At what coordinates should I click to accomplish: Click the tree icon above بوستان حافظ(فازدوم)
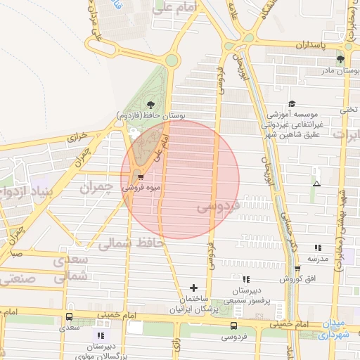[150, 104]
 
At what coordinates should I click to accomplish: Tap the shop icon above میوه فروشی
[141, 176]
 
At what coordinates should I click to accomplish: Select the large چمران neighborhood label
[96, 188]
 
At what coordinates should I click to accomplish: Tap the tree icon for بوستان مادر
[340, 59]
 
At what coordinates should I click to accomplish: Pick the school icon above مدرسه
[318, 247]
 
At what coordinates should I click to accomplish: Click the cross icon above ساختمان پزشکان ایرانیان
[193, 288]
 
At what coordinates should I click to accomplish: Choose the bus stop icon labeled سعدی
[69, 316]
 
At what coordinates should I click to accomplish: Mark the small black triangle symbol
[317, 184]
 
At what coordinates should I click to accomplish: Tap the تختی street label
[349, 109]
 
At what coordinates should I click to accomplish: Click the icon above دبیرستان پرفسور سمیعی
[246, 279]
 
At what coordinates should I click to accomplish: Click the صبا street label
[16, 252]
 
